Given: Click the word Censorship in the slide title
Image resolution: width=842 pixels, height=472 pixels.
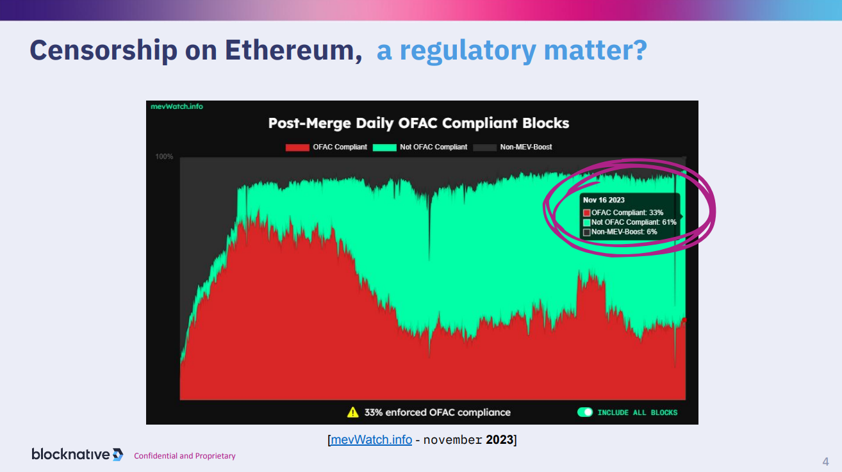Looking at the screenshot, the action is [x=103, y=50].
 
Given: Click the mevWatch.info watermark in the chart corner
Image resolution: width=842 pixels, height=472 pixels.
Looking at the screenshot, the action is [x=177, y=106].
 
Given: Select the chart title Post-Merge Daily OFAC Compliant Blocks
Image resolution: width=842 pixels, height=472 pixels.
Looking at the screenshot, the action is [x=418, y=123].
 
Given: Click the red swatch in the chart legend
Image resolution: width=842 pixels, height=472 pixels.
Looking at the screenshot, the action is [x=297, y=147].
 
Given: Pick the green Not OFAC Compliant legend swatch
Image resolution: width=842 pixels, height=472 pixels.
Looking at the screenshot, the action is [x=384, y=147].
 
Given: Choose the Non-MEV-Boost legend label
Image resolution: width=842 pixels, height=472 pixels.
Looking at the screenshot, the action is [x=526, y=147].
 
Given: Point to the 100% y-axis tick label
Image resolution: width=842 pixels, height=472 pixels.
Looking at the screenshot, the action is [x=164, y=156].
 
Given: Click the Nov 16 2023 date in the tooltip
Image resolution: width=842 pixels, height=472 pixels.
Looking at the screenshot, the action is [x=604, y=200].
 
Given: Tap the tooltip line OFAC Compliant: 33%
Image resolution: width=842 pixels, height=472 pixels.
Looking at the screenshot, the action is [x=627, y=213].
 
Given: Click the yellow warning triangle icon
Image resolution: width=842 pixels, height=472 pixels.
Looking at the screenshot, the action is [x=352, y=412].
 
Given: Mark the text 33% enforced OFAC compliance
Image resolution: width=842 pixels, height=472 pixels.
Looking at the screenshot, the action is [x=438, y=412].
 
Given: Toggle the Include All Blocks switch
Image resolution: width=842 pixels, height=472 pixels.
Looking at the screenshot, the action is [x=585, y=412].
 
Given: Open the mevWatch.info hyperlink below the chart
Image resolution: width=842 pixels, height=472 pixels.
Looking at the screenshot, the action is [x=372, y=440].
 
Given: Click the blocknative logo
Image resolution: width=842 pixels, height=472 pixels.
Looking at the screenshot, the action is [x=78, y=454].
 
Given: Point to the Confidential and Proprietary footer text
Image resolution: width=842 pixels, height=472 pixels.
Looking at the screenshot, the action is [x=185, y=456].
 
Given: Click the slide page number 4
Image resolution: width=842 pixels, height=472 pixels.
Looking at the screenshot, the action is [x=826, y=462].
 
